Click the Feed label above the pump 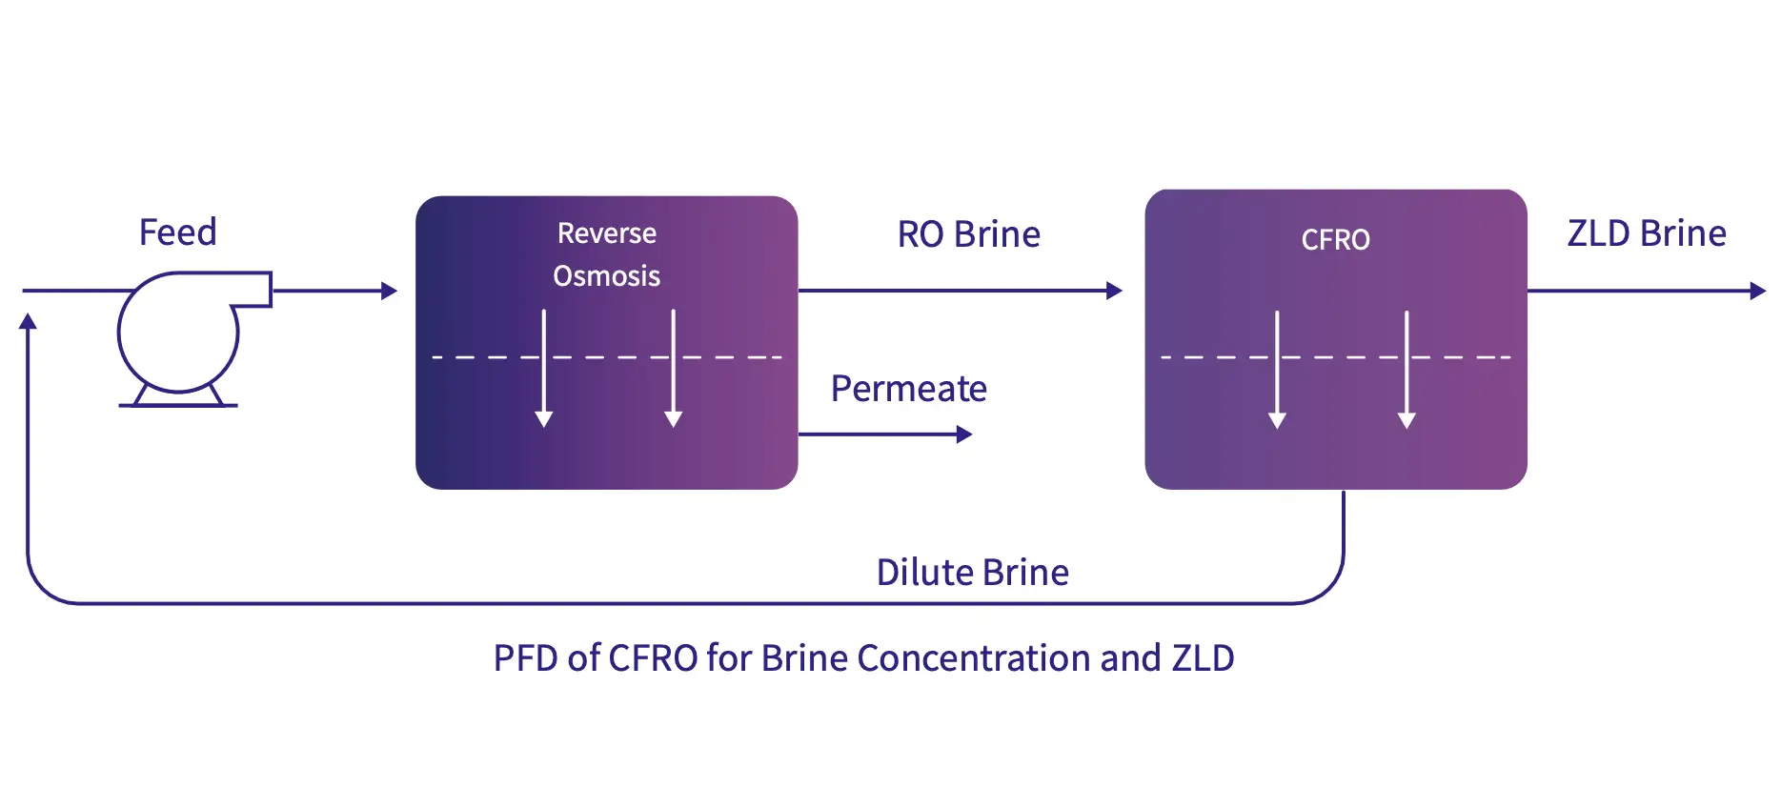click(178, 232)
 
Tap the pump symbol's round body click(177, 333)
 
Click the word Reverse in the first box click(606, 233)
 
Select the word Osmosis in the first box click(606, 276)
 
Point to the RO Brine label click(968, 234)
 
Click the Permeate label click(908, 389)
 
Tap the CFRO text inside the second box click(1335, 240)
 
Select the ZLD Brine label click(1647, 233)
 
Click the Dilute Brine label click(972, 573)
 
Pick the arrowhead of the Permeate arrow click(964, 434)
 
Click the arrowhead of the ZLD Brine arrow click(1758, 291)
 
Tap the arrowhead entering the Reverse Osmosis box click(389, 291)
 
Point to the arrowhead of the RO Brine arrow click(1114, 291)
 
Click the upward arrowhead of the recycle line click(29, 322)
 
